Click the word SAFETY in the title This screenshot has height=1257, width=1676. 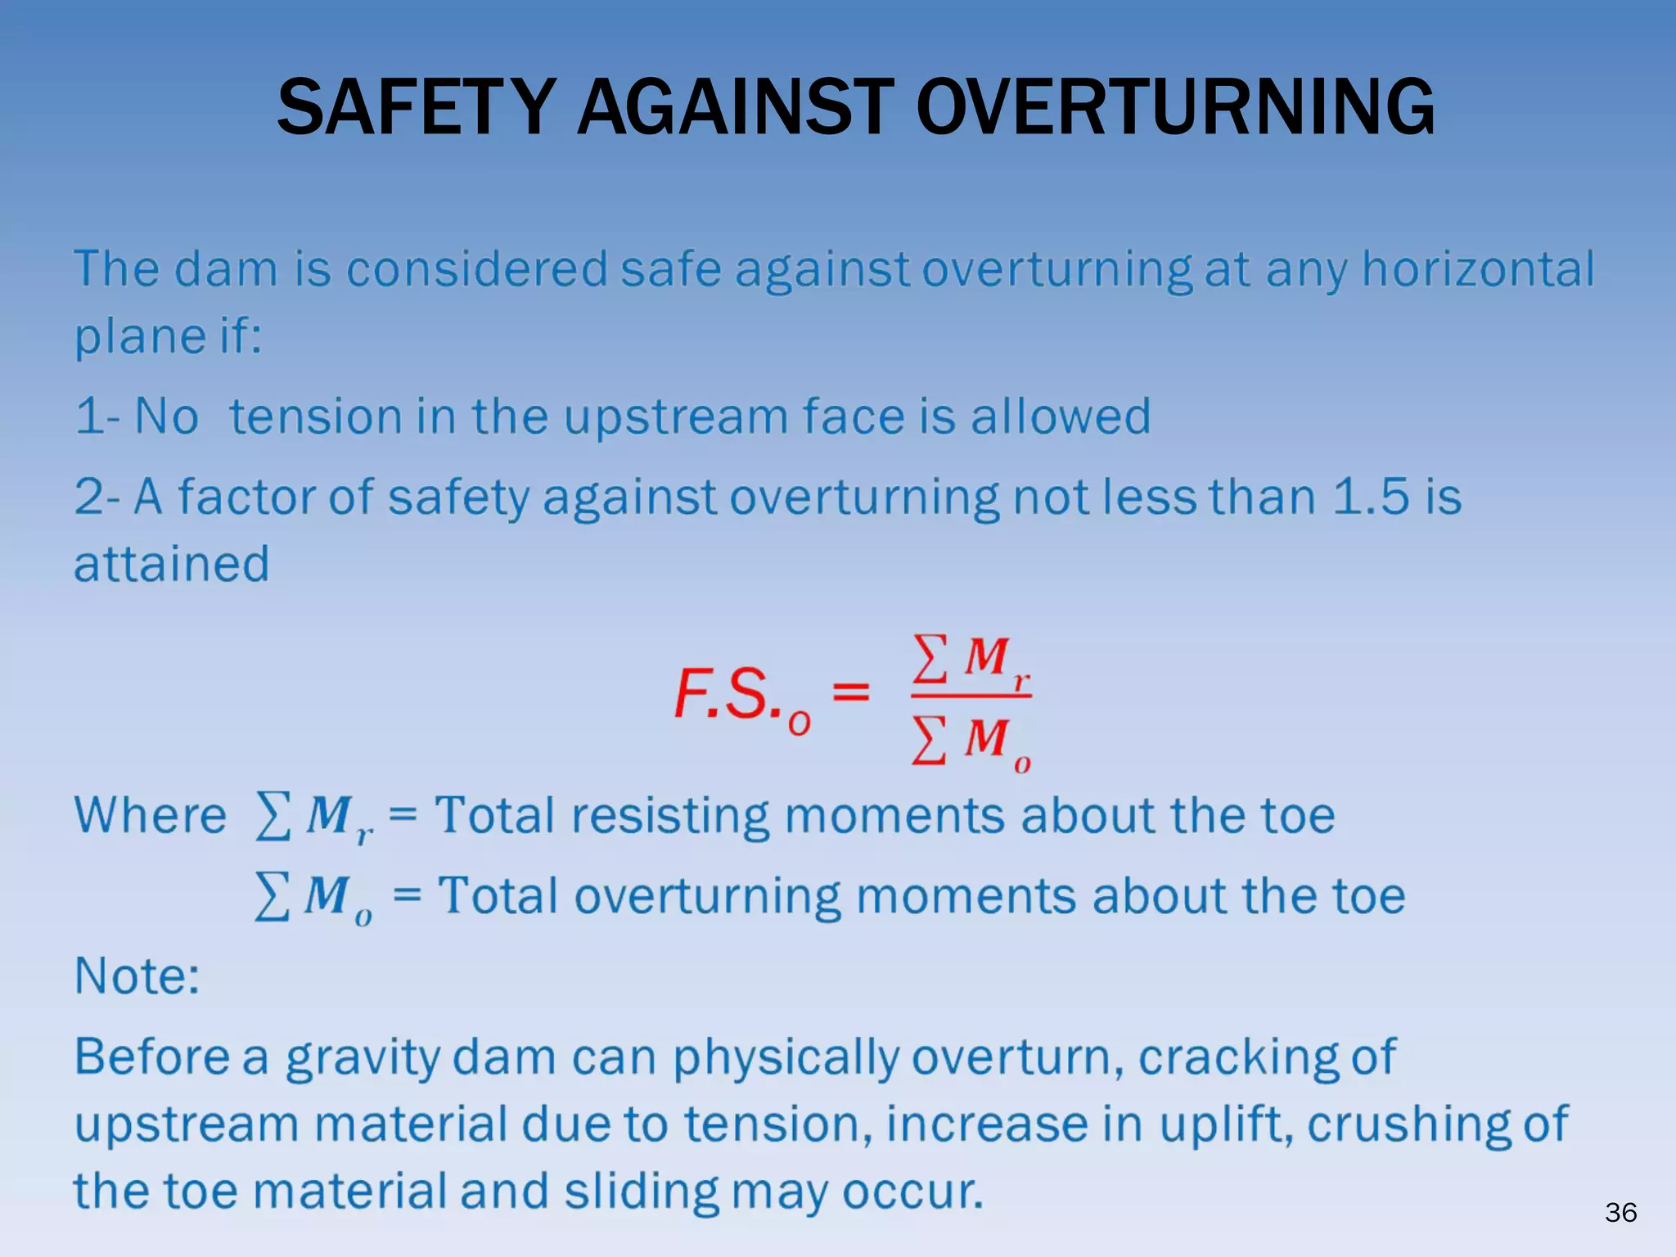pos(417,107)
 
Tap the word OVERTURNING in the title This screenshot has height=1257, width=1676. pos(1175,107)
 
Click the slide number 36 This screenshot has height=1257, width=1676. pos(1620,1212)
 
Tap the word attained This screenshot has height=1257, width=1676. pos(172,564)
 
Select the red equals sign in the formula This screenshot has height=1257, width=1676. pos(851,692)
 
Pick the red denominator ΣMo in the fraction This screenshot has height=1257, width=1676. pos(971,741)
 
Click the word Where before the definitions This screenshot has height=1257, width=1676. pos(151,815)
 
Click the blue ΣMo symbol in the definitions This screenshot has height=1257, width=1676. pos(313,896)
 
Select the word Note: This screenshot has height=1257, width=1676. pos(137,975)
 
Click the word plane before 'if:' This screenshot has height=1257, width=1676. pos(128,336)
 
